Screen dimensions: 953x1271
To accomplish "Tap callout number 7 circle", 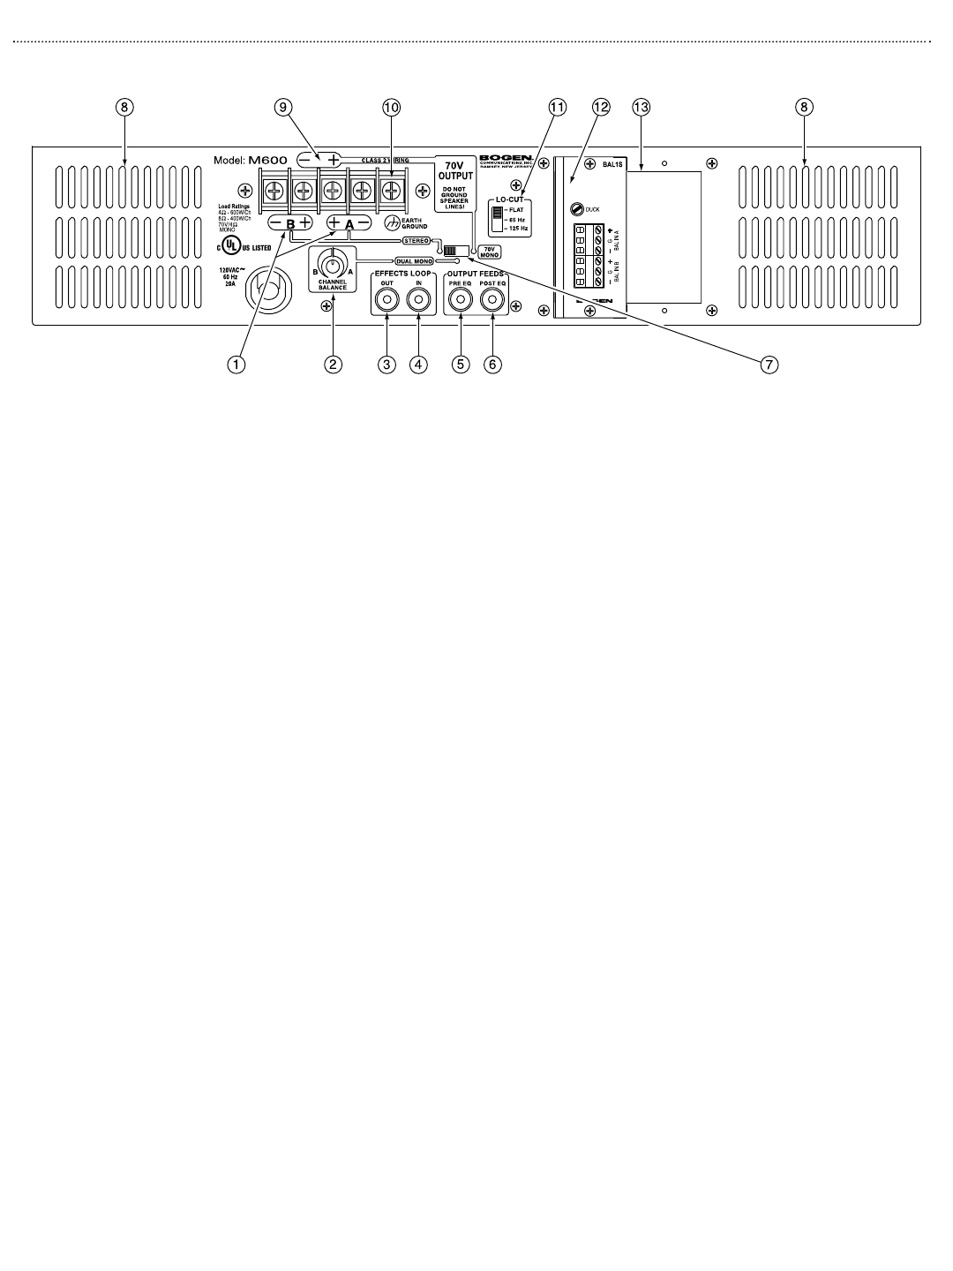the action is tap(769, 364).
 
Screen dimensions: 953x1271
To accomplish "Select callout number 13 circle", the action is tap(642, 107).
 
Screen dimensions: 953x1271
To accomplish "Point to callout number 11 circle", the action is tap(556, 107).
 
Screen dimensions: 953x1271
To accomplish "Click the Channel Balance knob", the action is tap(332, 266).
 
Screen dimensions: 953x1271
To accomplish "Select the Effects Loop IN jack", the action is tap(419, 302).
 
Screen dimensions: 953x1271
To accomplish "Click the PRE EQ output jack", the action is tap(461, 302).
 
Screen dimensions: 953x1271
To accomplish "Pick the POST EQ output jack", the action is tap(492, 302).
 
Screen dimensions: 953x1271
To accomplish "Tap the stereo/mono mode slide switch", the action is tap(455, 250).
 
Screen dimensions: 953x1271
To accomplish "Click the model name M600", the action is tap(267, 160).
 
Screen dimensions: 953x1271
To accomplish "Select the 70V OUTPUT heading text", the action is tap(456, 170).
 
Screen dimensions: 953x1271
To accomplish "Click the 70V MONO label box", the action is tap(489, 250).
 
